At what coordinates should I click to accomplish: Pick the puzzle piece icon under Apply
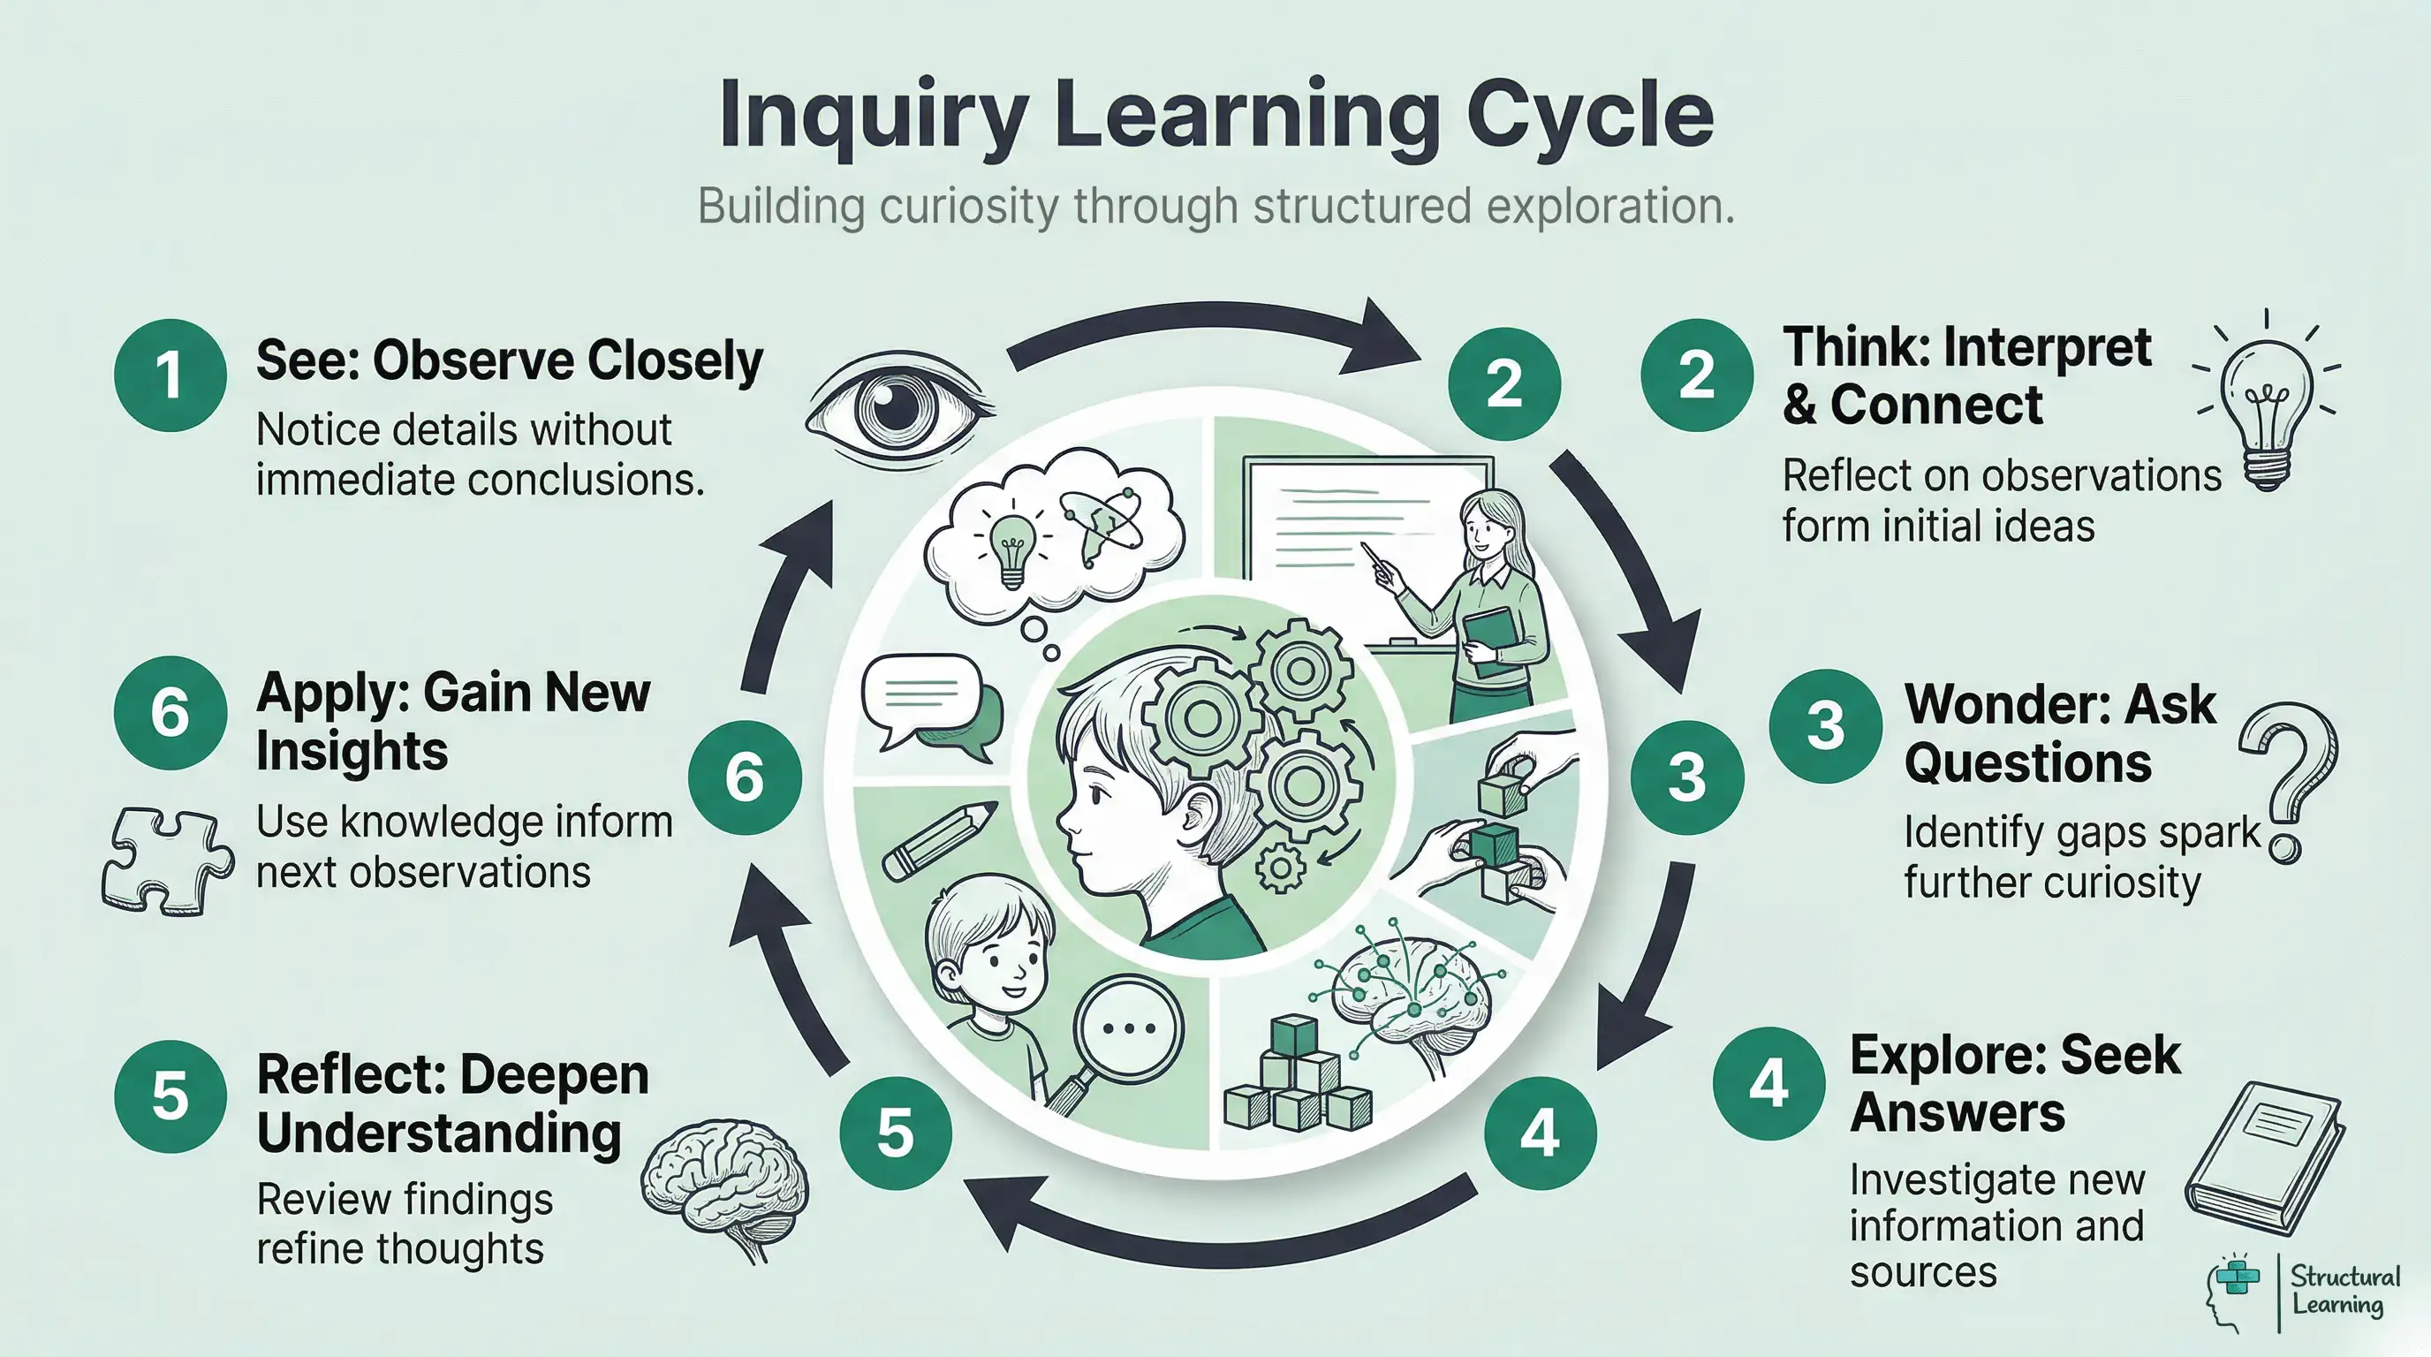tap(167, 860)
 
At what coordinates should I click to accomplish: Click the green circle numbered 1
tap(170, 375)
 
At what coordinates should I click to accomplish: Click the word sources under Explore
tap(1923, 1272)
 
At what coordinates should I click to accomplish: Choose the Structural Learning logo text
tap(2344, 1291)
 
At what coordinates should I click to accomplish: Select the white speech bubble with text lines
tap(920, 694)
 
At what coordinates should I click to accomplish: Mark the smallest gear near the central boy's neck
tap(1281, 868)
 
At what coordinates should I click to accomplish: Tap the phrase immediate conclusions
tap(480, 481)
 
